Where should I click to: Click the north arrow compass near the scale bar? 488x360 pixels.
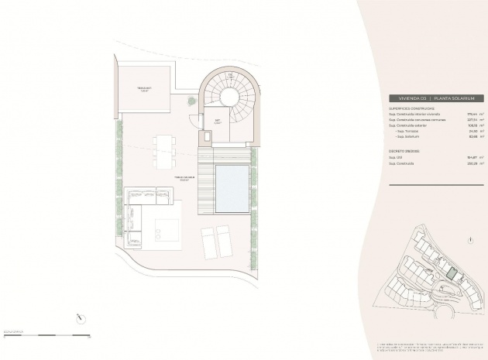coord(80,317)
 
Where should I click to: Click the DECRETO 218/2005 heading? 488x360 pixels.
coord(408,151)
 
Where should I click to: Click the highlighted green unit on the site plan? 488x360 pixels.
coord(450,273)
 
